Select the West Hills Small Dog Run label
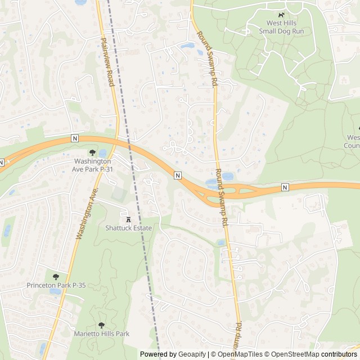pos(281,27)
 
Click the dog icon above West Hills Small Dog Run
pos(281,15)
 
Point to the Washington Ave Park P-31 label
pos(94,165)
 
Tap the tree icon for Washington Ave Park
pos(92,152)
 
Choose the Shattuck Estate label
pos(129,228)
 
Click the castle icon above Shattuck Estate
pos(129,219)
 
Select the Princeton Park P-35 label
pos(56,285)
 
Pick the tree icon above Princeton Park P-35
pos(56,276)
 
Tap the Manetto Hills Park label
pos(102,334)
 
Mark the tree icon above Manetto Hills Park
pos(101,325)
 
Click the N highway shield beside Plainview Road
pos(74,138)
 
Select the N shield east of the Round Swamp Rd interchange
pos(285,187)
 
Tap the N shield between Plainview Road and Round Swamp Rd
pos(178,175)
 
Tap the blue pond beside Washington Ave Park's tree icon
pos(102,153)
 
